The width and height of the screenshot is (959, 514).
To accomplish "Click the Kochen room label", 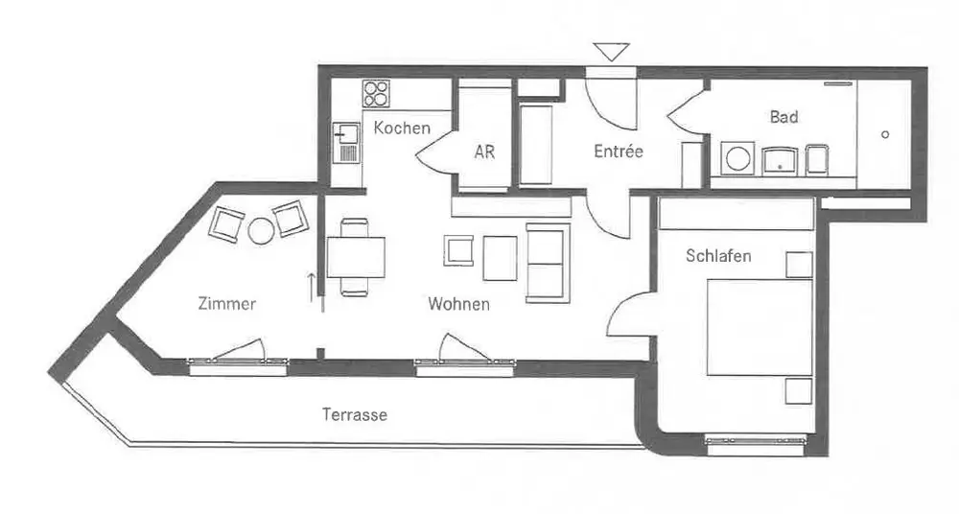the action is (x=402, y=128).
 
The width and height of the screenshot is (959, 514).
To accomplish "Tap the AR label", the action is (x=485, y=152).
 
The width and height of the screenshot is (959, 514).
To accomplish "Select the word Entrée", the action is (x=618, y=152).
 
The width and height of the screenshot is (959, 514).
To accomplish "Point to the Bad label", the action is (x=784, y=117).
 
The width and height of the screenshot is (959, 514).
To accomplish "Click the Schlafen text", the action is (x=718, y=256).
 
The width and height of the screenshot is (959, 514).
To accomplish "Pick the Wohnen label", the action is (x=459, y=305).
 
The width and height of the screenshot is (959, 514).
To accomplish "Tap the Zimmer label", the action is (x=226, y=305).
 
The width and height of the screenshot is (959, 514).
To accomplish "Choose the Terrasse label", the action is (x=355, y=415).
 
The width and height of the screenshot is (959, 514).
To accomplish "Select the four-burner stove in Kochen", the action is (x=376, y=94).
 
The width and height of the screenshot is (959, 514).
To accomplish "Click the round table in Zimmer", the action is (x=261, y=231).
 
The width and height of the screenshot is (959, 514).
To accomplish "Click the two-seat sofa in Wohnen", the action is (x=547, y=261).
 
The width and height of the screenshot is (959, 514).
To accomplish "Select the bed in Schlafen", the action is (x=760, y=327).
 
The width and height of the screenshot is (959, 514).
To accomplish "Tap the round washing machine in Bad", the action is (x=737, y=159).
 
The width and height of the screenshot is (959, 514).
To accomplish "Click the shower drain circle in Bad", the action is (x=885, y=134).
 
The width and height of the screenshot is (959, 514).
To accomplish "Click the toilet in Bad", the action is (x=816, y=159).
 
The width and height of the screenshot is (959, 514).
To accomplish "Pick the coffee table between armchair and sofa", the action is (x=500, y=257).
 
